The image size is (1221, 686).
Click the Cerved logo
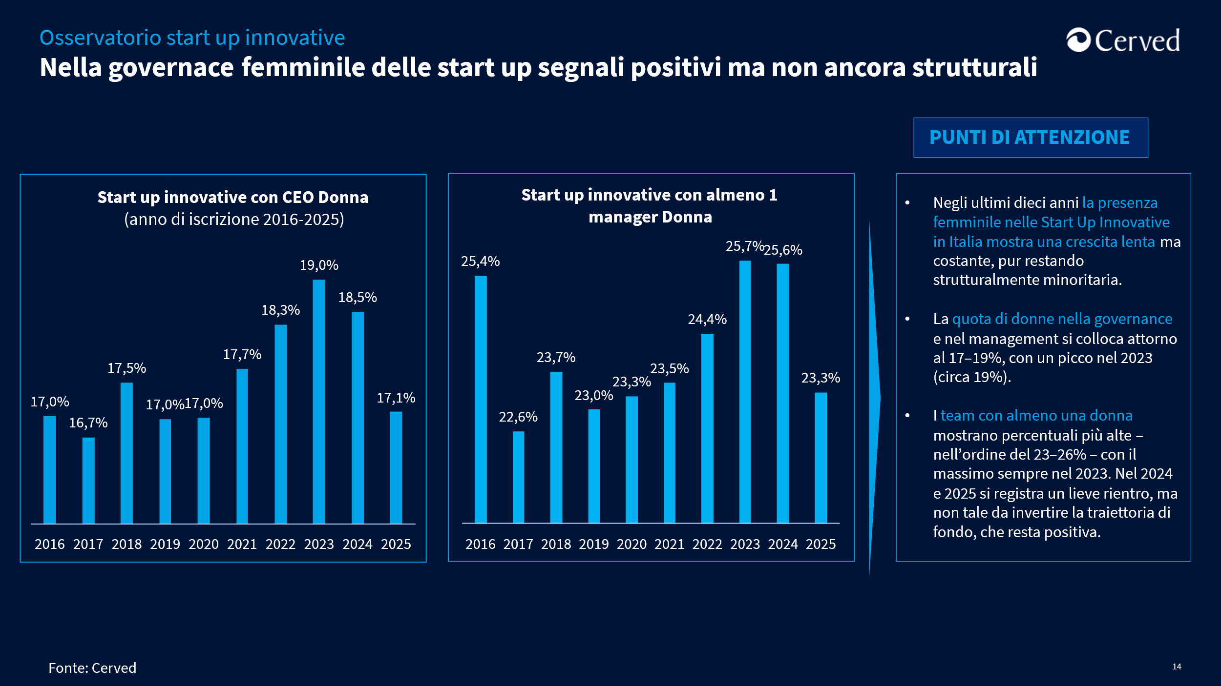(1123, 40)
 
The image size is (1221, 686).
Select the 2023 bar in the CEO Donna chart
(319, 402)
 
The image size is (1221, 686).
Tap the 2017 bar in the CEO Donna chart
(88, 481)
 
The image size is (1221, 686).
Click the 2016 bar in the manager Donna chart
(481, 400)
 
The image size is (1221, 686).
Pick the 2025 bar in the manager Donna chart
(821, 458)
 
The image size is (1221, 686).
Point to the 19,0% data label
(319, 265)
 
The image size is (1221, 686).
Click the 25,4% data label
(481, 261)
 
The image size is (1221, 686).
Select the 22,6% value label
(518, 417)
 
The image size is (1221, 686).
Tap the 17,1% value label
(396, 398)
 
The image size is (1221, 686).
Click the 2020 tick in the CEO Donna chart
(204, 544)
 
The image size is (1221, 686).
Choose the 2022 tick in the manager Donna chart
(707, 544)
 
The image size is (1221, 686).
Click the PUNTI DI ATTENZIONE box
(1031, 138)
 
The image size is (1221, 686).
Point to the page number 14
(1177, 666)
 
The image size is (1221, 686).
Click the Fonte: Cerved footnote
(92, 667)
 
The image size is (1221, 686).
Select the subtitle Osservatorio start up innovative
(192, 38)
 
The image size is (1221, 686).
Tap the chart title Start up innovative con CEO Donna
(233, 197)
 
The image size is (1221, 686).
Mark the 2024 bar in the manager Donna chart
(783, 393)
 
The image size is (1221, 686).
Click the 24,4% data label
(707, 319)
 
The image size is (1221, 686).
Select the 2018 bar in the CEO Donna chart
(126, 453)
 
